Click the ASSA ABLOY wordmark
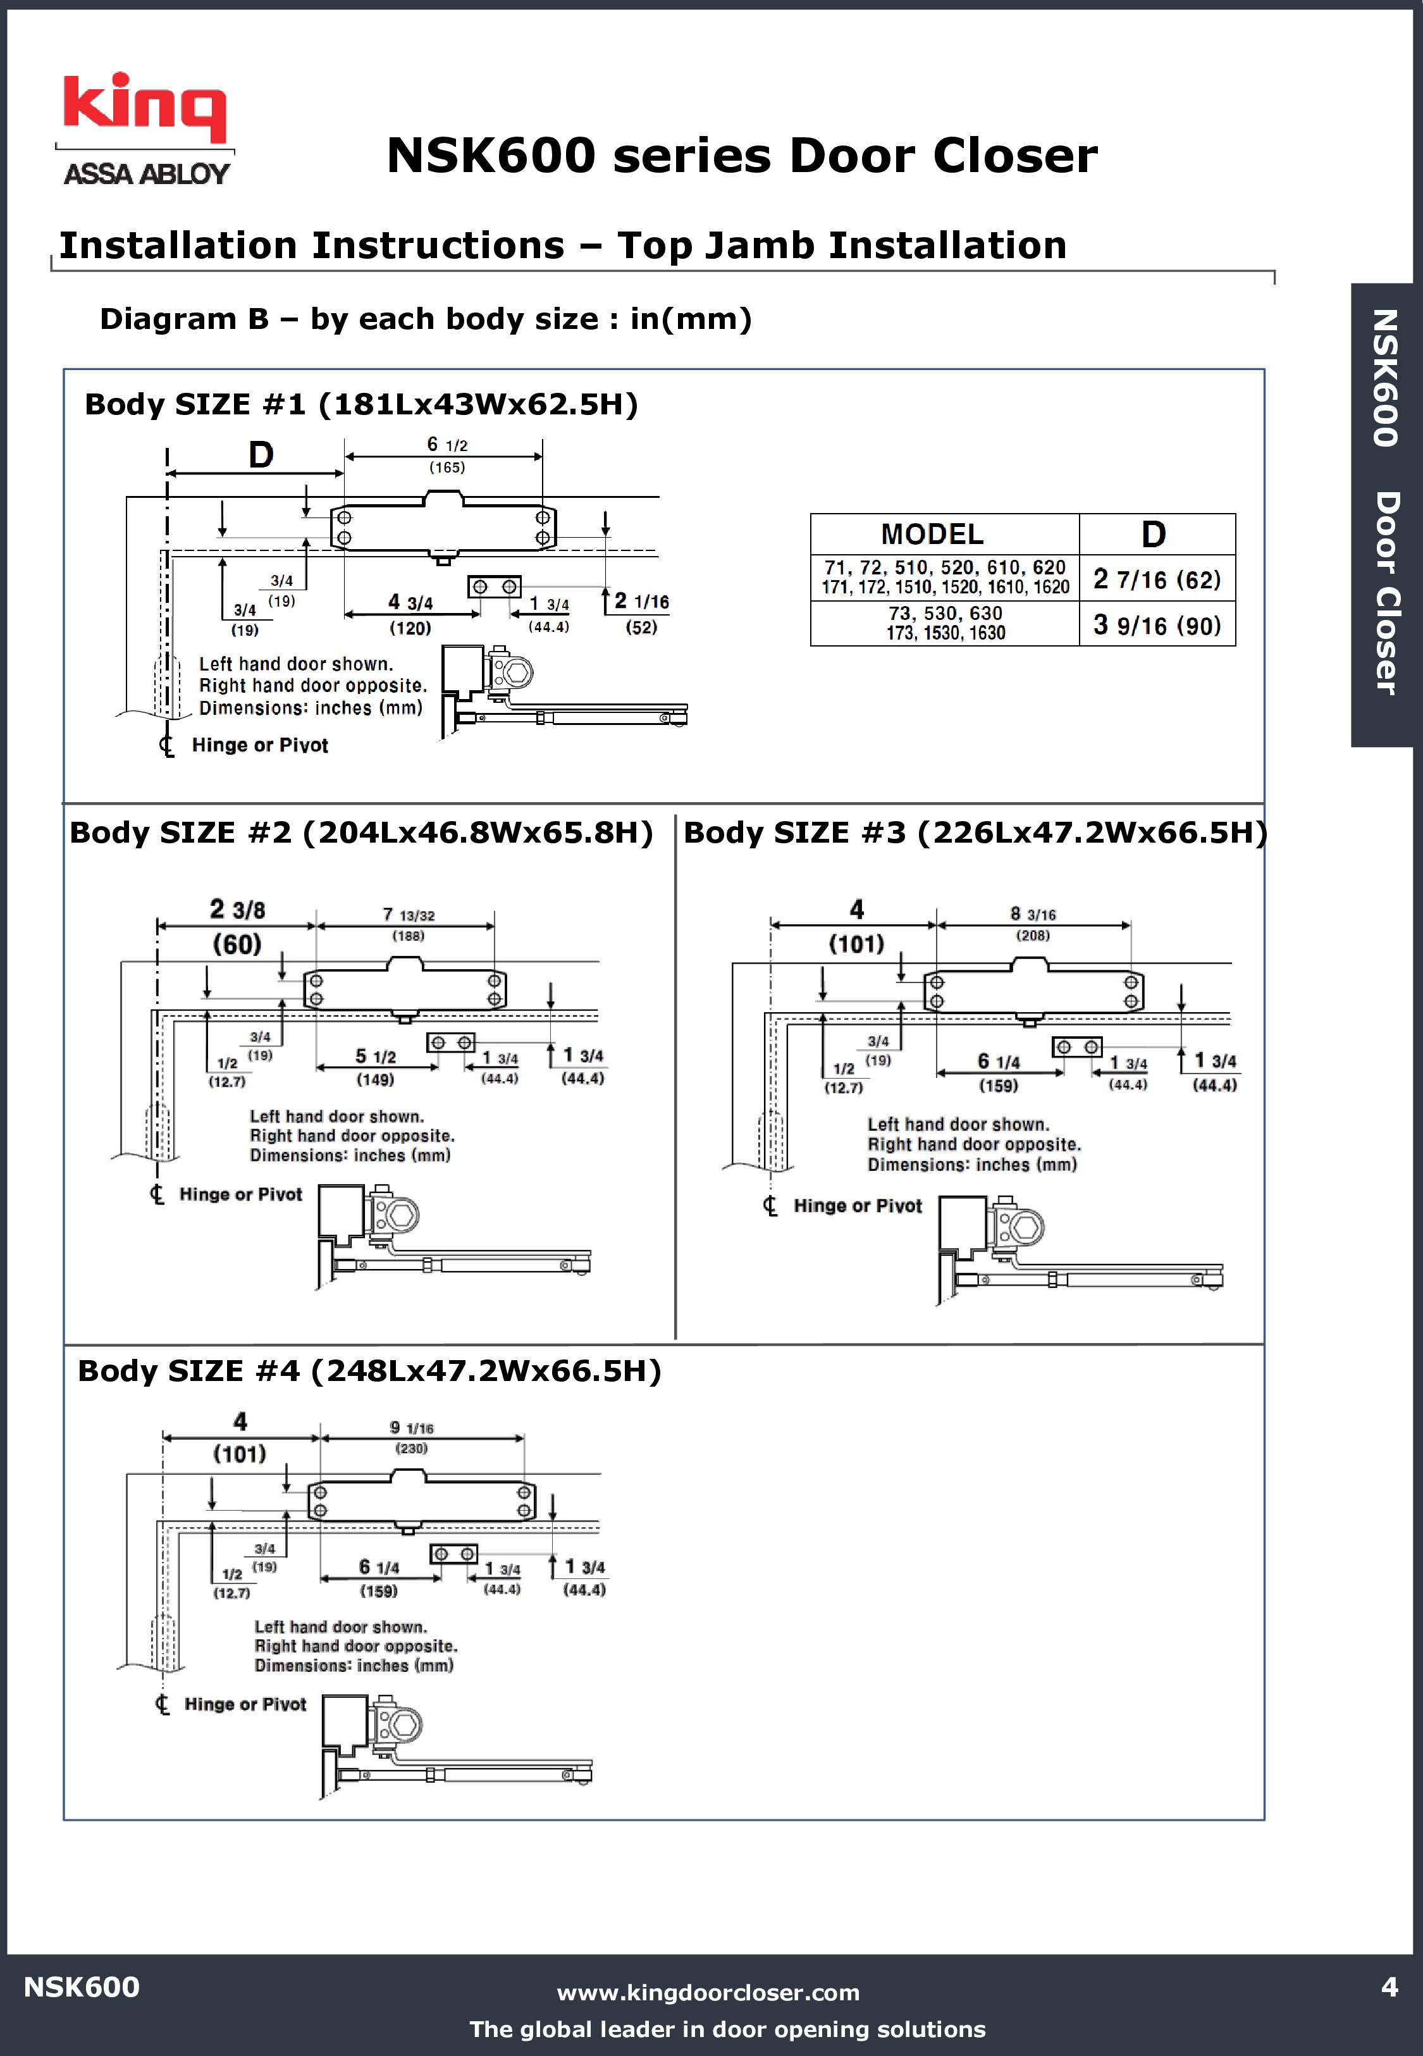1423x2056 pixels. (146, 174)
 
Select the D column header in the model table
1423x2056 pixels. (1155, 534)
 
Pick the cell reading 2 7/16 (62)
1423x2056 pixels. (1156, 579)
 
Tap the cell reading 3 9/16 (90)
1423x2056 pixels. (1156, 625)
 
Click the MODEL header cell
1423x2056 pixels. (933, 534)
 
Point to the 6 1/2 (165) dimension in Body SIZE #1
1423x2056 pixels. (447, 455)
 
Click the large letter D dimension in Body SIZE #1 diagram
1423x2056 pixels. (261, 455)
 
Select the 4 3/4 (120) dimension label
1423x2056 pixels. (410, 614)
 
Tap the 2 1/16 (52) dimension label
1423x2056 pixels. (641, 614)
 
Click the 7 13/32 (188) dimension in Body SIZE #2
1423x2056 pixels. (409, 924)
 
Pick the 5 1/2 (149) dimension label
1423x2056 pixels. (376, 1067)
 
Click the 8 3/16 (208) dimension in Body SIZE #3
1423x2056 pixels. (1033, 924)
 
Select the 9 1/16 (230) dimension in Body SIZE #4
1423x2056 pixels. (411, 1436)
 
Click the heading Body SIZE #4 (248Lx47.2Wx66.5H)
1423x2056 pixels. (369, 1370)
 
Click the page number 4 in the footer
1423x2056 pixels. (1388, 1986)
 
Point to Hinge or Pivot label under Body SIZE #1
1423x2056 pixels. (259, 745)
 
